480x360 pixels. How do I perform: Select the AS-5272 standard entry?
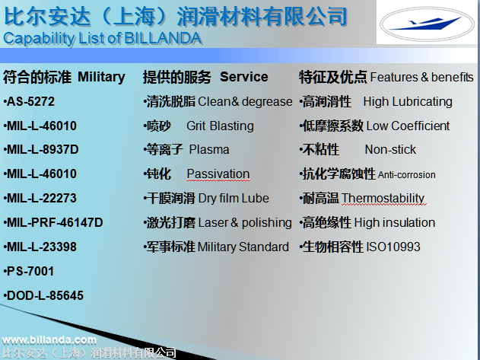tap(29, 101)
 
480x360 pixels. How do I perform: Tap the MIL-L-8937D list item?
tap(41, 149)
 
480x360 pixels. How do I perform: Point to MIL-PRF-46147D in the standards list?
tap(53, 222)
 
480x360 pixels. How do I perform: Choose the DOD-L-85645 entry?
tap(43, 295)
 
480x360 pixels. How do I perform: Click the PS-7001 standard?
tap(29, 271)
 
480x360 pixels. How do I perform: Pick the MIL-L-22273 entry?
tap(40, 198)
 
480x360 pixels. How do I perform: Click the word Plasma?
tap(209, 149)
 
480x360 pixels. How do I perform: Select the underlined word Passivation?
tap(218, 174)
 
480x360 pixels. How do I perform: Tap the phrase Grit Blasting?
tap(220, 126)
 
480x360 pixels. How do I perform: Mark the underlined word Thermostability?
tap(383, 198)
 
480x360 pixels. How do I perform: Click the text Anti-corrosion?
tap(406, 174)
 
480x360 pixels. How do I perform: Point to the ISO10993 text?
tap(393, 247)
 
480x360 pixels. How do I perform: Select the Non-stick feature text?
tap(390, 149)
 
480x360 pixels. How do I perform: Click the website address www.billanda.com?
tap(49, 339)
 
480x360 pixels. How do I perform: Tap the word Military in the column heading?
tap(101, 77)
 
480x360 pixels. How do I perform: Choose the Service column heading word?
tap(244, 77)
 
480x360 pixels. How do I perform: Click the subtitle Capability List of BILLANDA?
tap(102, 39)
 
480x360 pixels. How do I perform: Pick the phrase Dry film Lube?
tap(234, 198)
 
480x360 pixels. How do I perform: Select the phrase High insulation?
tap(395, 222)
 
